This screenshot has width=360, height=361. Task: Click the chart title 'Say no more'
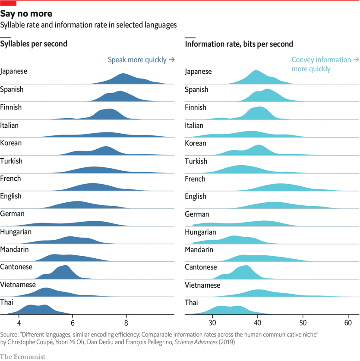pos(26,14)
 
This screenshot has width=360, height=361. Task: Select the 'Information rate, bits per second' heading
pos(239,44)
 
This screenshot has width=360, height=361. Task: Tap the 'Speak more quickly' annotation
pos(141,60)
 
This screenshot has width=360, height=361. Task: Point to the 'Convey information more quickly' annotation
pos(325,64)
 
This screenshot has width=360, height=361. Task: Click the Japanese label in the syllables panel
pos(14,71)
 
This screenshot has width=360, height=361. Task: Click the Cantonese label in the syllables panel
pos(16,267)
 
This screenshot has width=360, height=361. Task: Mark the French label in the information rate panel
pos(195,179)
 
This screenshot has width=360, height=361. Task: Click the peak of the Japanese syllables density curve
pos(124,75)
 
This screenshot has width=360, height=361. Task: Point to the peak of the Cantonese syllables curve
pos(65,266)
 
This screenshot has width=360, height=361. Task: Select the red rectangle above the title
pos(8,3)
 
